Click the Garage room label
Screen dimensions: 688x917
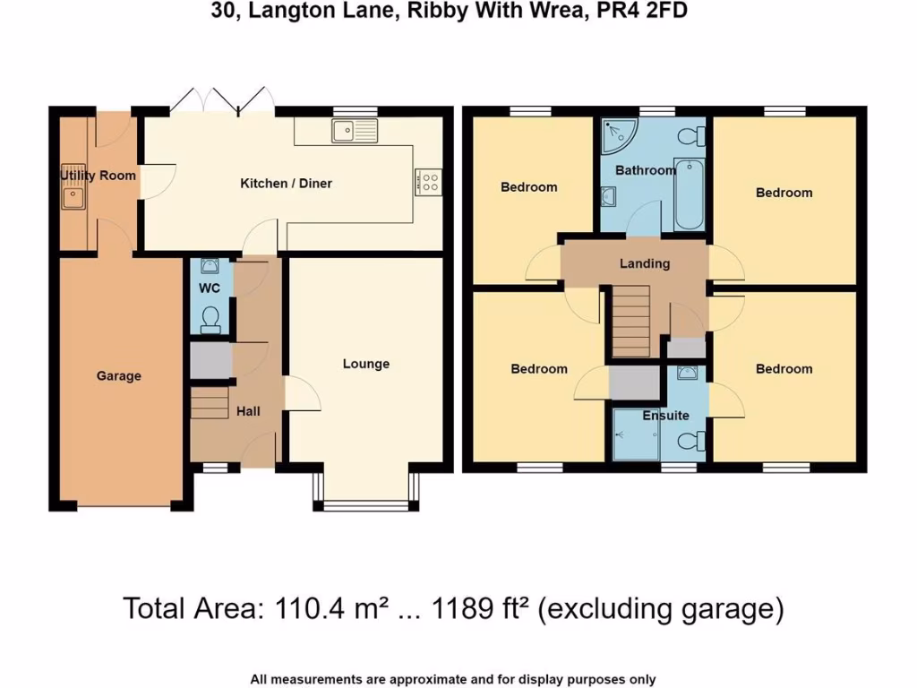coord(119,376)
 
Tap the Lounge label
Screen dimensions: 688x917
coord(366,364)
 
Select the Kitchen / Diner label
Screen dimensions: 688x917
coord(286,184)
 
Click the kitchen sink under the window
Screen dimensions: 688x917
coord(356,132)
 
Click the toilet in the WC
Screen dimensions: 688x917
coord(211,319)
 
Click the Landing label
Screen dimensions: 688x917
coord(645,263)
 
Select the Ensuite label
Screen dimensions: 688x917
coord(665,416)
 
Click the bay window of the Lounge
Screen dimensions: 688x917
coord(365,505)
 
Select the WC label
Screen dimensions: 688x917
coord(210,289)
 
